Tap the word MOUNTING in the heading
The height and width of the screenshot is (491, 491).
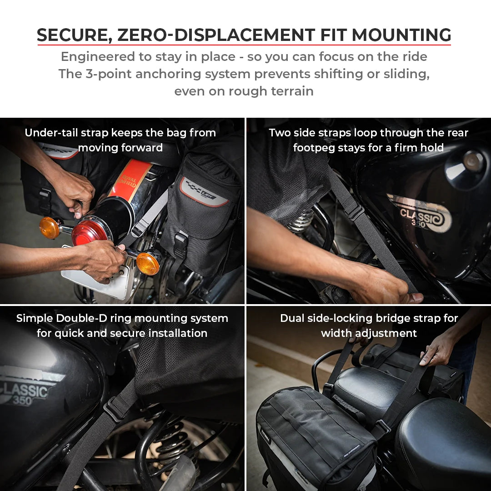[401, 35]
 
